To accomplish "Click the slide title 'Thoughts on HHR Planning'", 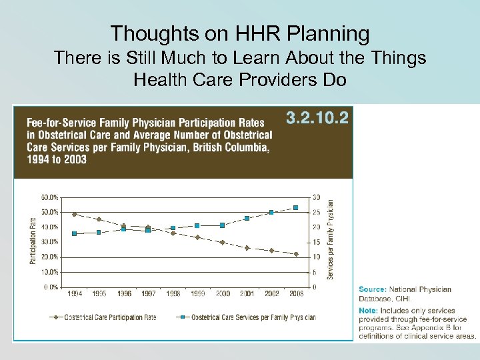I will coord(240,33).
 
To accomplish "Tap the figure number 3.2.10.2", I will coord(317,119).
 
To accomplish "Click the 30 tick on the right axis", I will coord(315,197).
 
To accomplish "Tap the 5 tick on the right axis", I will coord(314,272).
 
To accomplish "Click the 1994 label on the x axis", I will coord(75,293).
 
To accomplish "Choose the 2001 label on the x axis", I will coord(247,293).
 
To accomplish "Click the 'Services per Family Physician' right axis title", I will coord(329,240).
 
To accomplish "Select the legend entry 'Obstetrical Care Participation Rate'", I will coord(110,317).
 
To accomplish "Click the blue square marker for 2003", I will coord(296,208).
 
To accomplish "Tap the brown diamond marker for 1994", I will coord(74,214).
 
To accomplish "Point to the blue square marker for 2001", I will coord(247,218).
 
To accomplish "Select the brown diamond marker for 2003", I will coord(296,254).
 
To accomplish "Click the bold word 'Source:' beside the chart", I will coord(372,289).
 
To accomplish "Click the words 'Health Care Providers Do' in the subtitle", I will coord(240,81).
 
